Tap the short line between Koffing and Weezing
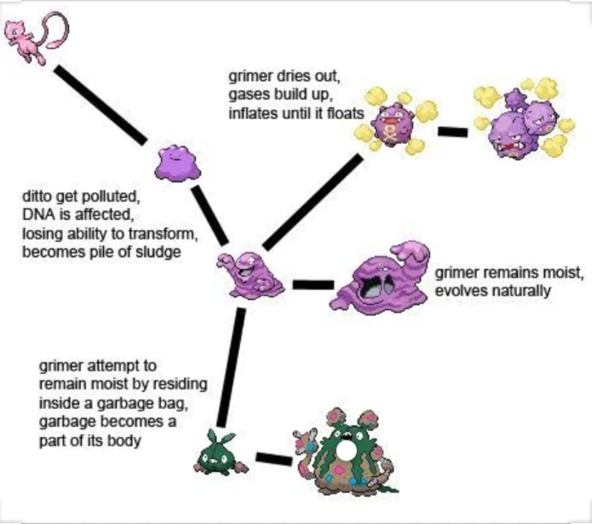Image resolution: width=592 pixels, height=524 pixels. point(452,132)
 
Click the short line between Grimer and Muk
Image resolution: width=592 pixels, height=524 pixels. point(312,284)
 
